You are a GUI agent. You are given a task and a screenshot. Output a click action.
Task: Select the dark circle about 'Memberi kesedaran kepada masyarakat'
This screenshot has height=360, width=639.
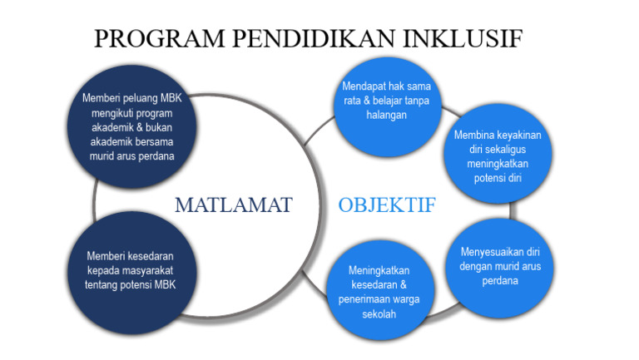(131, 270)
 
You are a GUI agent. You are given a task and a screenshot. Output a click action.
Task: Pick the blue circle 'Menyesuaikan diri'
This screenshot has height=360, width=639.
(500, 266)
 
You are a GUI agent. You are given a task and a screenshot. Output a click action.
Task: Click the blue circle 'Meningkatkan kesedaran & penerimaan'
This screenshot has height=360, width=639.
(379, 291)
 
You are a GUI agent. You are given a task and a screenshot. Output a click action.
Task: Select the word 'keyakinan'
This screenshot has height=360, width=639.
(520, 134)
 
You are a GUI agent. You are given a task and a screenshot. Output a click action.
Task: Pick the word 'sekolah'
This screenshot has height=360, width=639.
(379, 313)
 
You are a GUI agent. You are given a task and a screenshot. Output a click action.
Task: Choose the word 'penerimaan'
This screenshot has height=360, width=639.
(362, 299)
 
